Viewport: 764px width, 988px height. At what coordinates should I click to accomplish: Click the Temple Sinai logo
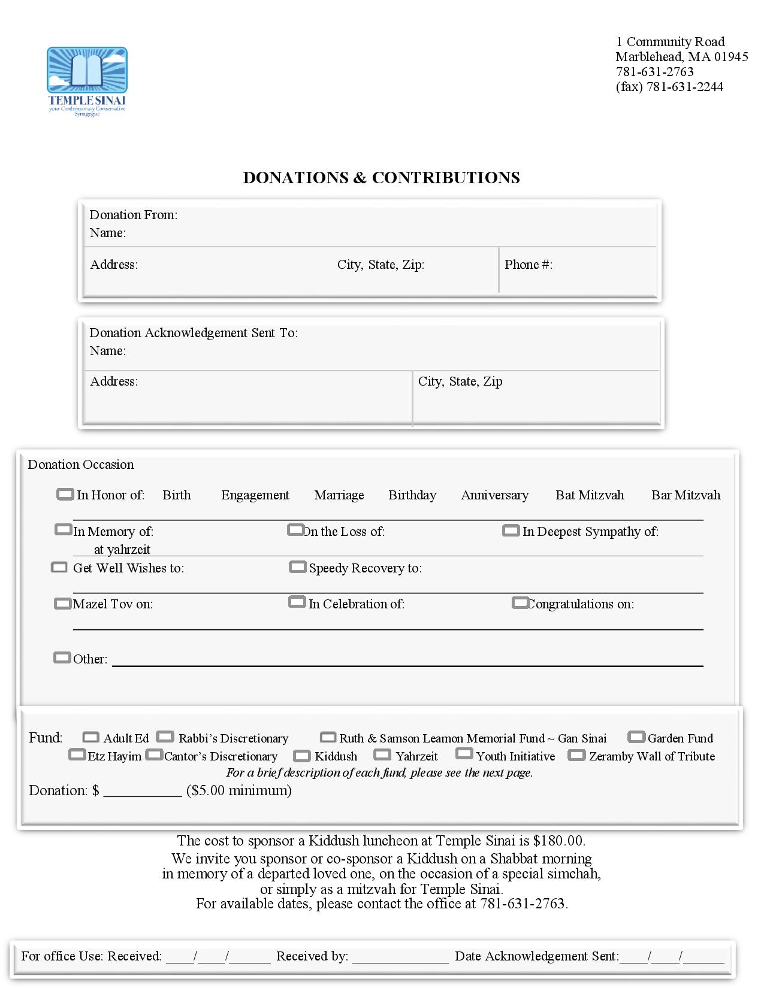click(x=87, y=81)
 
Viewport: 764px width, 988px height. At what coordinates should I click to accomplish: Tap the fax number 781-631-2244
click(x=684, y=87)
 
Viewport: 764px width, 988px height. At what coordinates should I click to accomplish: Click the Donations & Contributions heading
click(x=381, y=178)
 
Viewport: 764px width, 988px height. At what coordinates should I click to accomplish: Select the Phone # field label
click(x=528, y=265)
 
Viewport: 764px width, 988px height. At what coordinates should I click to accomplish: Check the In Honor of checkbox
click(x=65, y=495)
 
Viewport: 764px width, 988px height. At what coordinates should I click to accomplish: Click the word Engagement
click(x=255, y=495)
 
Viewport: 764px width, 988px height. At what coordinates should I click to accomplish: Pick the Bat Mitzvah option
click(x=589, y=495)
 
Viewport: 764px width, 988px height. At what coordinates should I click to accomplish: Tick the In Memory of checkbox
click(x=63, y=530)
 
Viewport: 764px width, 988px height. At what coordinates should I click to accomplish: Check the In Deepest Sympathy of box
click(x=511, y=531)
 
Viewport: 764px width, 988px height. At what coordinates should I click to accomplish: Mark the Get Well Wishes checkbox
click(x=59, y=567)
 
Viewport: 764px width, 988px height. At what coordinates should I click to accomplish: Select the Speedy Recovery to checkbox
click(x=297, y=567)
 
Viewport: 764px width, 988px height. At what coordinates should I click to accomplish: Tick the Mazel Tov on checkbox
click(x=62, y=604)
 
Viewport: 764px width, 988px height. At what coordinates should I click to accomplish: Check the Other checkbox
click(x=62, y=658)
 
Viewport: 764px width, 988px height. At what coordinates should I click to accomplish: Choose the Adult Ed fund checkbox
click(x=90, y=737)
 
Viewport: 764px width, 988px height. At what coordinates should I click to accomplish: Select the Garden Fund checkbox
click(x=636, y=737)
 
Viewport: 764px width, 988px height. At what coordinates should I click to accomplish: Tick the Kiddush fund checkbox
click(x=302, y=756)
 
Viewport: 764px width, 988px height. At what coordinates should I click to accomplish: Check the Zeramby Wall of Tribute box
click(x=576, y=756)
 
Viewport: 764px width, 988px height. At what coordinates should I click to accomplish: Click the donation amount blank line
click(x=143, y=792)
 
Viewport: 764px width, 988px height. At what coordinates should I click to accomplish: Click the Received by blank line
click(x=400, y=957)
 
